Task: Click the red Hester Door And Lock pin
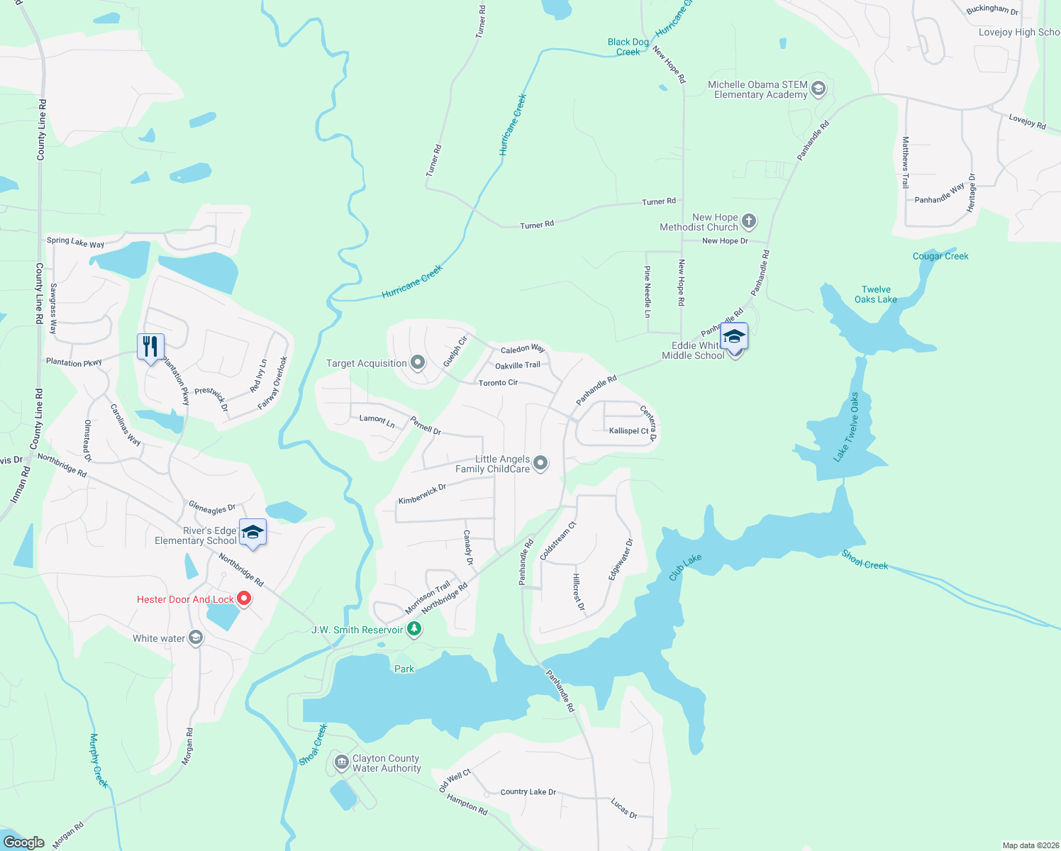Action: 244,599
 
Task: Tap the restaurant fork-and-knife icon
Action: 150,347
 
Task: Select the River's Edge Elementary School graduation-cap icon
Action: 252,533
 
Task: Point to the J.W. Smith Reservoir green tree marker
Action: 414,629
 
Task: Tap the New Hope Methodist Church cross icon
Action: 748,222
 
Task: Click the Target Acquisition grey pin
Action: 418,363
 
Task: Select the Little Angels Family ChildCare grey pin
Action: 540,464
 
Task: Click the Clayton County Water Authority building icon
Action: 341,762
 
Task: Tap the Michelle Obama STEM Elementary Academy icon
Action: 818,89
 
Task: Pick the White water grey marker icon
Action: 196,638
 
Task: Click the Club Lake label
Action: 685,567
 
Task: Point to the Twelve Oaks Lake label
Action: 876,294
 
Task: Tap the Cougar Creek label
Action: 940,256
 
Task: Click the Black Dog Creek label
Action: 628,47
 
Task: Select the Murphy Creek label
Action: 99,761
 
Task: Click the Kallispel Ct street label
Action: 628,431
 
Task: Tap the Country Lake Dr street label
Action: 528,792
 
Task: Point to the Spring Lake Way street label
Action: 75,242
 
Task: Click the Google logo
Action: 23,842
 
